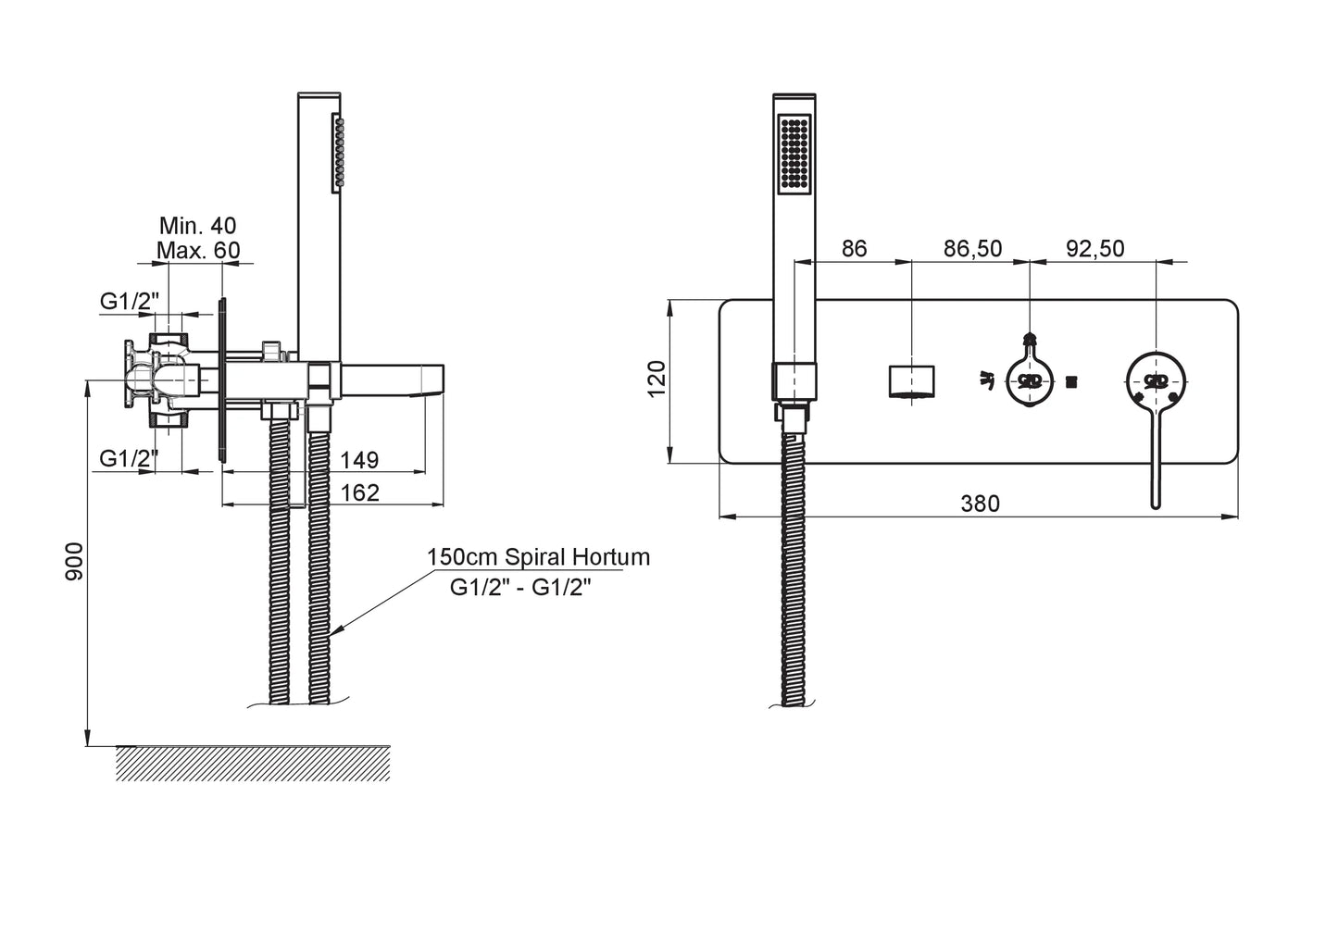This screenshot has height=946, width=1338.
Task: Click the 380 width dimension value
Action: click(x=980, y=504)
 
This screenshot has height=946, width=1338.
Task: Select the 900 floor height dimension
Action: click(x=75, y=562)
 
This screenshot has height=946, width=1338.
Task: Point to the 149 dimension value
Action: click(x=359, y=460)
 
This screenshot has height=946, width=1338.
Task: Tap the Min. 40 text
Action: click(x=197, y=225)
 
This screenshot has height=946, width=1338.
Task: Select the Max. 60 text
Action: click(x=197, y=250)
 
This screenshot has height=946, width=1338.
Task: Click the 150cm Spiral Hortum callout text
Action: click(x=538, y=557)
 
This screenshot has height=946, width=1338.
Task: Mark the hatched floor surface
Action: click(x=252, y=763)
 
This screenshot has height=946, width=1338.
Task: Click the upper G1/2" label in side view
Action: click(x=130, y=301)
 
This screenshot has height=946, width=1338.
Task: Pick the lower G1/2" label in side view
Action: click(x=130, y=456)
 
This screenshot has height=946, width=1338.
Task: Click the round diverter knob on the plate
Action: click(x=1030, y=380)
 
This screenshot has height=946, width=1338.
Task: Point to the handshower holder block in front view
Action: click(x=794, y=382)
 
